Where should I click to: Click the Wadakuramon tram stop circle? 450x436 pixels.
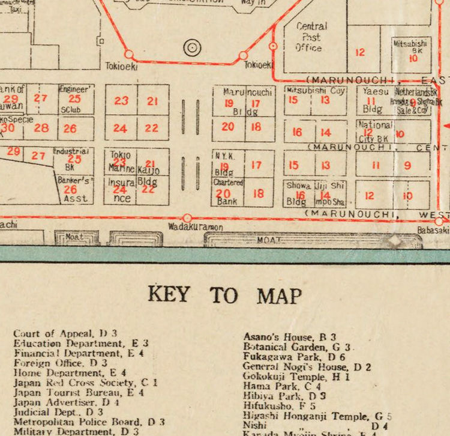click(x=187, y=218)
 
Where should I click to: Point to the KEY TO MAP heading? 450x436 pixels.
click(x=224, y=295)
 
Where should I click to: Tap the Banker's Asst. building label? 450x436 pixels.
click(x=74, y=189)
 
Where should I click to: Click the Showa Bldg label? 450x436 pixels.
click(x=296, y=193)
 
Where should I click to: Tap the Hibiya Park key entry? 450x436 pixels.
click(x=284, y=396)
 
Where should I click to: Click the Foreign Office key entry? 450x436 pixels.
click(x=60, y=363)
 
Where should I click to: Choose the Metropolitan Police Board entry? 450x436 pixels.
click(x=89, y=422)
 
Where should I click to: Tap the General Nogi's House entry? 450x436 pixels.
click(x=307, y=366)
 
